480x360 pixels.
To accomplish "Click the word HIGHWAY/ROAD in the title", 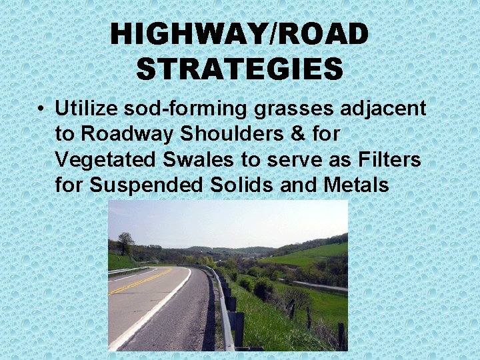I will pos(239,35).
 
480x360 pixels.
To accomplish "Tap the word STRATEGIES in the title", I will pos(239,68).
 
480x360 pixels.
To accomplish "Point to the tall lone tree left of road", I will pos(125,243).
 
